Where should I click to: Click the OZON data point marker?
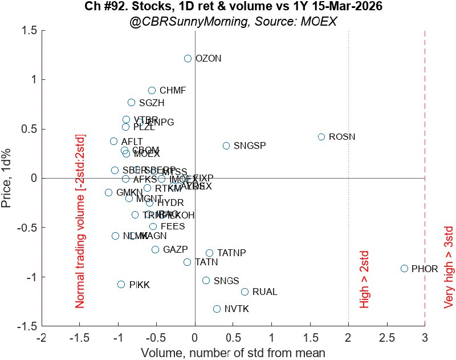point(188,59)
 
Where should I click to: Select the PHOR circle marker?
point(404,268)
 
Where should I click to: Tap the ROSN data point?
point(321,137)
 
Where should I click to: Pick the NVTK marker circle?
point(217,309)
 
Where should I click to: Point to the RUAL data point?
point(245,292)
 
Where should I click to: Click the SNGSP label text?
point(250,145)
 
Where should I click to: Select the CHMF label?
point(173,90)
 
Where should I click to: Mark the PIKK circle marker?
point(121,284)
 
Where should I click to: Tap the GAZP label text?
point(175,249)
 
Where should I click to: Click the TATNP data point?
point(209,253)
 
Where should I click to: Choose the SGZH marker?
point(131,103)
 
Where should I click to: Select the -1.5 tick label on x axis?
point(78,338)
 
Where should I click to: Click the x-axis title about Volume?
point(233,351)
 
